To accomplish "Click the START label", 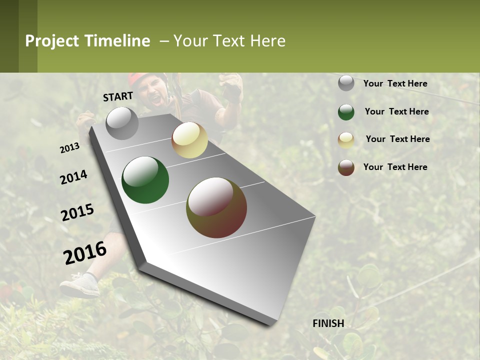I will coord(118,96).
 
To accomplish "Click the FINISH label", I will coord(328,323).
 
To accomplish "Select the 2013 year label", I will coord(69,148).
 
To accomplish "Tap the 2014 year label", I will coord(73,177).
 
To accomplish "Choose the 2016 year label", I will coord(85,253).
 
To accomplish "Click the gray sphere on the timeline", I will coord(122,123).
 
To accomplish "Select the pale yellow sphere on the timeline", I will coord(189,140).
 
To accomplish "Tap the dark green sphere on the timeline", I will coord(145,180).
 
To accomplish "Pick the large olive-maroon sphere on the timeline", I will coord(216,207).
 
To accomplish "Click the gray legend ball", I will coord(346,83).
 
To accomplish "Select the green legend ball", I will coord(346,112).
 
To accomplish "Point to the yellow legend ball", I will coord(346,140).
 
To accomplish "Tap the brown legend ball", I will coord(346,167).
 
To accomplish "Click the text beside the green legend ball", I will coord(396,111).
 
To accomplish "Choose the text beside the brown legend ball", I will coord(395,167).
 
